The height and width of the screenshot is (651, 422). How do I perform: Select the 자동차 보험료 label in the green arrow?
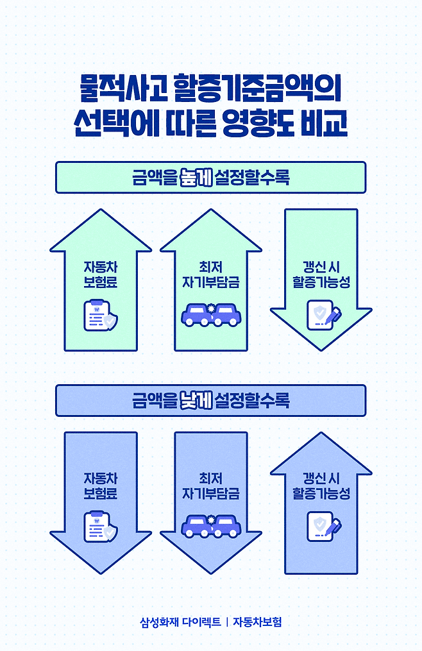pyautogui.click(x=100, y=275)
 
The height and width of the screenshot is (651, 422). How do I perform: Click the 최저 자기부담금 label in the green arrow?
pyautogui.click(x=210, y=275)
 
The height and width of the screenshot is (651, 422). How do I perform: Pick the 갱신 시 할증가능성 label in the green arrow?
pyautogui.click(x=321, y=275)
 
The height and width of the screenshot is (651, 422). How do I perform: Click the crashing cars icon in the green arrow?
pyautogui.click(x=210, y=314)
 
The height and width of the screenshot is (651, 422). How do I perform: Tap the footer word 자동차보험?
pyautogui.click(x=257, y=621)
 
